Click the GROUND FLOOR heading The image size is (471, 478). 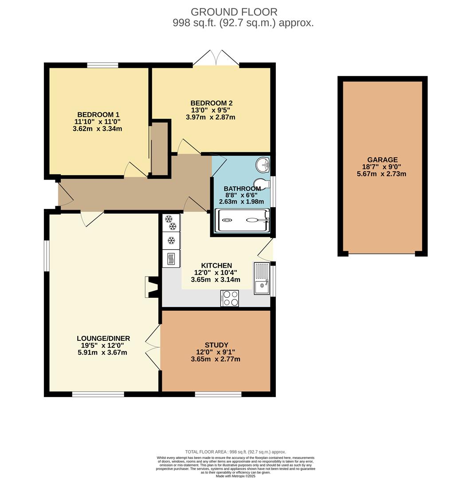[x=234, y=12]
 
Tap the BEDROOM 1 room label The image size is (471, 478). [x=98, y=115]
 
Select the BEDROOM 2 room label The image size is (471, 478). [x=212, y=103]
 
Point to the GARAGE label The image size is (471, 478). [x=382, y=160]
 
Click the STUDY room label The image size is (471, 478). [x=216, y=345]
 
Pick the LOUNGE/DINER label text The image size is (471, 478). [x=103, y=339]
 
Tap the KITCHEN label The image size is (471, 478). [x=216, y=266]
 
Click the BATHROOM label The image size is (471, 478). [x=242, y=189]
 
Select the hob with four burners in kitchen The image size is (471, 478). [x=230, y=298]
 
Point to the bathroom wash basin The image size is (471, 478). [x=263, y=165]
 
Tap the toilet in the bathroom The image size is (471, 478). [x=262, y=183]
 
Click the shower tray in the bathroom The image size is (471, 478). [x=242, y=220]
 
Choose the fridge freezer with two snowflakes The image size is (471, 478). [x=171, y=223]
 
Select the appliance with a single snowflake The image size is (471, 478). [x=171, y=241]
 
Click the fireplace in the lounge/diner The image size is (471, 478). [x=152, y=287]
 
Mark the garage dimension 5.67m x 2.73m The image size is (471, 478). [x=381, y=174]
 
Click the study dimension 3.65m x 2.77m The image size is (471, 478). [x=216, y=359]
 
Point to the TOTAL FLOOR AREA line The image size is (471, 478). [x=235, y=452]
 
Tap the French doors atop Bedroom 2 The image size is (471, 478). [x=216, y=58]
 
